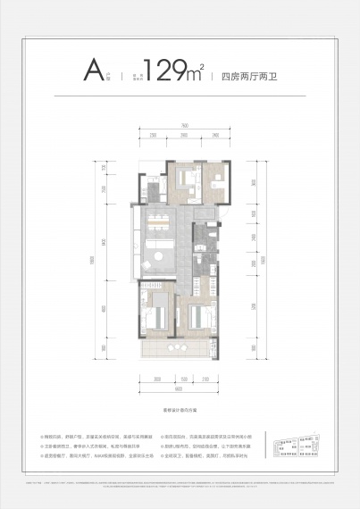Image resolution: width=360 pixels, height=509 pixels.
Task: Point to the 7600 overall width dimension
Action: (x=181, y=125)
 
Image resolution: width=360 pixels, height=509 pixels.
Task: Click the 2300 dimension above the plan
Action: (x=153, y=135)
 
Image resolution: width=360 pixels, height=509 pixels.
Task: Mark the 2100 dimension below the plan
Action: (x=205, y=379)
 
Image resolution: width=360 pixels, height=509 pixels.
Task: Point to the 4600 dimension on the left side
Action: (x=105, y=309)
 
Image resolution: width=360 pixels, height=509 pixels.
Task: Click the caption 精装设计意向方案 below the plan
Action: (x=180, y=406)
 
